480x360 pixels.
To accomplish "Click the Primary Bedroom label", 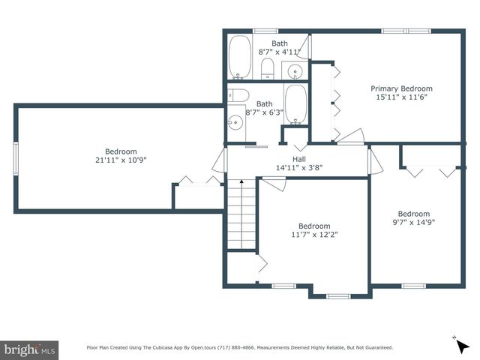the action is click(x=402, y=88).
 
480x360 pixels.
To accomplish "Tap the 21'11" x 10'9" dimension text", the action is click(x=121, y=160).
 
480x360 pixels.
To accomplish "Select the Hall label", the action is click(x=299, y=159).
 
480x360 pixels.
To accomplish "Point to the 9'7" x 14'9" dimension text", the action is click(x=414, y=222).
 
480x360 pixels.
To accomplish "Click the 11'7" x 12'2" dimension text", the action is click(x=314, y=235).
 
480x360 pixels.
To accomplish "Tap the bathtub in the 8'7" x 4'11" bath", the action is click(x=240, y=57).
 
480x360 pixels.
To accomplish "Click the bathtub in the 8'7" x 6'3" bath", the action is click(x=295, y=104).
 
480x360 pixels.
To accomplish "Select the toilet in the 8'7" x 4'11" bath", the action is click(x=268, y=68).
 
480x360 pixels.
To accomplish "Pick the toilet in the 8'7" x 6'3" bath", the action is click(x=238, y=95).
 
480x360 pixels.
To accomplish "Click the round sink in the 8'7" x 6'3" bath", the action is click(x=235, y=123).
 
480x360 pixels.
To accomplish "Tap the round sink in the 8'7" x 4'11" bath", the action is click(x=295, y=72).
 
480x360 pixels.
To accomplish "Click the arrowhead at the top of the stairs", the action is click(x=241, y=181).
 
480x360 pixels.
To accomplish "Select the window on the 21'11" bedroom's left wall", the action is click(x=16, y=158).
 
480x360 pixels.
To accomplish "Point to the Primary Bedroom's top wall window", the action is click(x=406, y=31).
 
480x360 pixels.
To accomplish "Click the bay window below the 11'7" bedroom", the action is click(x=338, y=296).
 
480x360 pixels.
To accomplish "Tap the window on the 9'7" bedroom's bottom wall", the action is click(x=413, y=286).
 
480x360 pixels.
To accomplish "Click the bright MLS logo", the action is click(x=29, y=350).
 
